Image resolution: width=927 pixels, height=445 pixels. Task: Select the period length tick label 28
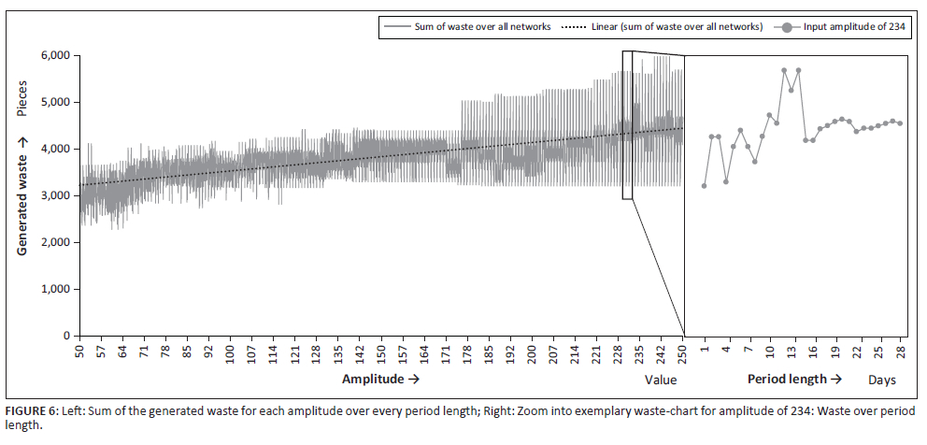[900, 352]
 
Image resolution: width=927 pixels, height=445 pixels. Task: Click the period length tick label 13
[792, 352]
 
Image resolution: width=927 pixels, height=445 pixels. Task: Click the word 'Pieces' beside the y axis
[21, 97]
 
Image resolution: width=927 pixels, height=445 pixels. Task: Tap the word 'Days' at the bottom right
[882, 380]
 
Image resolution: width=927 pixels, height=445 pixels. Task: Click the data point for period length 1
[704, 186]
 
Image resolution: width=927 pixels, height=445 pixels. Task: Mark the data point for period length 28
[900, 123]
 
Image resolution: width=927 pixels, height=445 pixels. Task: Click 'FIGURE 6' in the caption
[30, 410]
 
